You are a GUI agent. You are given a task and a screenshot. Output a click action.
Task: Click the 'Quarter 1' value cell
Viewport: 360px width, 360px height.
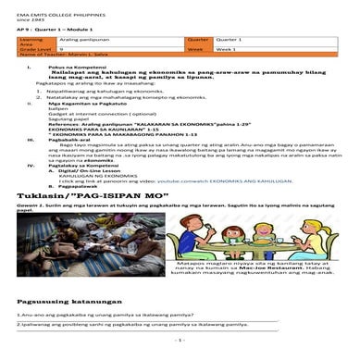[244, 40]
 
